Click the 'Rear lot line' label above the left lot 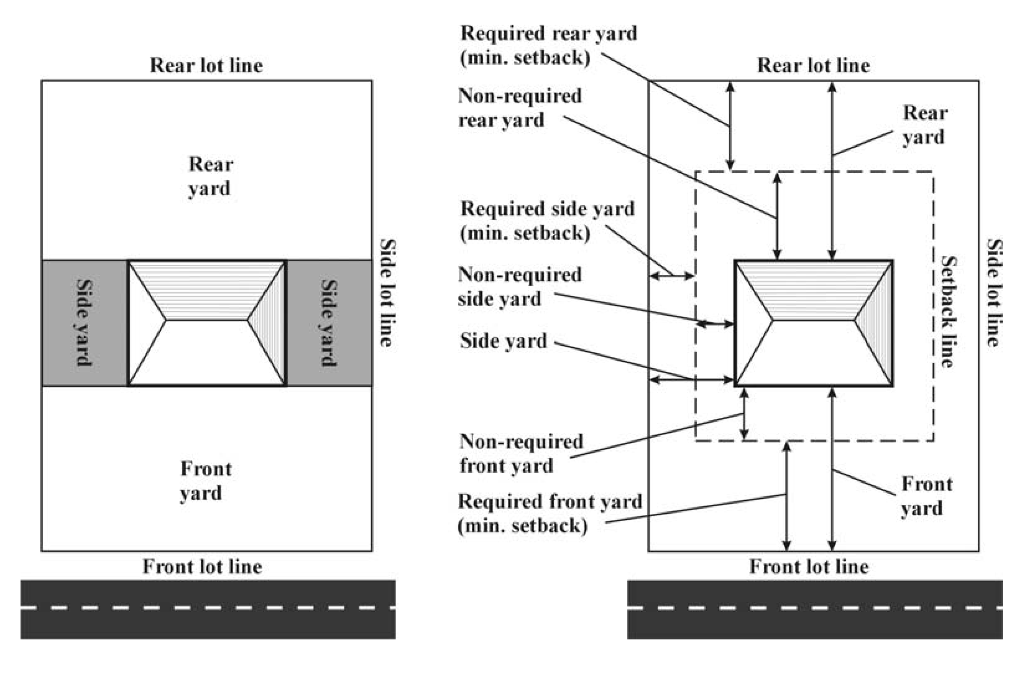[206, 66]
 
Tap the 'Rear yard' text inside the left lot [210, 177]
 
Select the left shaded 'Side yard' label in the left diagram [84, 323]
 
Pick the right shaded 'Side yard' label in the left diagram [329, 323]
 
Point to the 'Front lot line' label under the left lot [202, 567]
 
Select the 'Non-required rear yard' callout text [519, 108]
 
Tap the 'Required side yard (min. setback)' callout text [547, 221]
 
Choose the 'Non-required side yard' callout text [519, 287]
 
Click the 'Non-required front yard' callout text [521, 453]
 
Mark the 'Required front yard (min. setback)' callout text [549, 514]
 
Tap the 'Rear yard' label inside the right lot [925, 125]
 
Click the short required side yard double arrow [671, 276]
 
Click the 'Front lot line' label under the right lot [809, 567]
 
